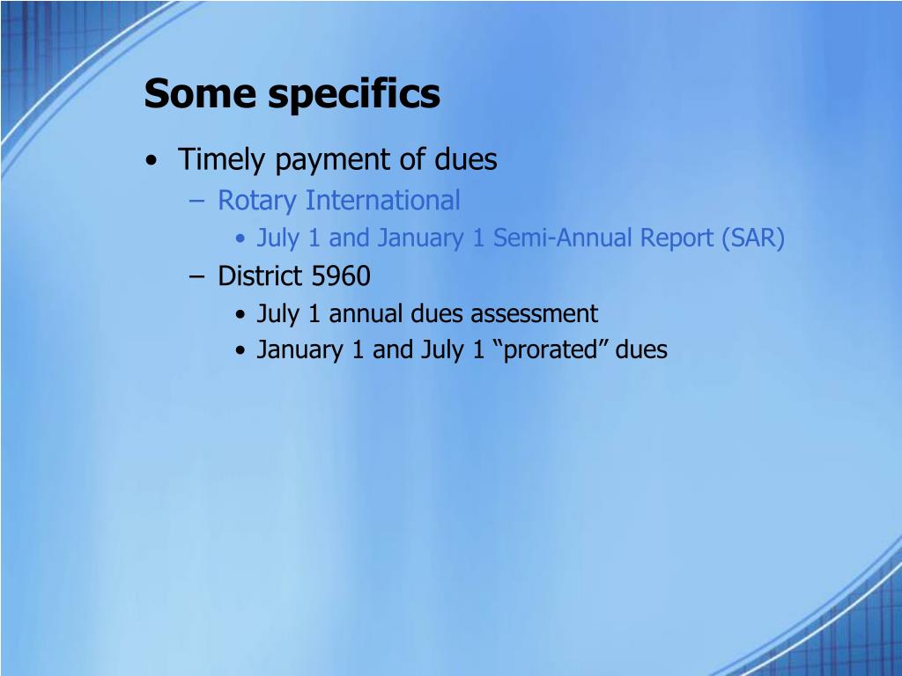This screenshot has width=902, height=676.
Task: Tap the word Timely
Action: pos(223,161)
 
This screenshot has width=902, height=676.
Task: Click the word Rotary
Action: pos(257,202)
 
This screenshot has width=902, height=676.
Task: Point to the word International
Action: pos(383,201)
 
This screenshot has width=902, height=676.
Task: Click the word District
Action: pos(260,276)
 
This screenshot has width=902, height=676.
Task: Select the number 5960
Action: pos(341,276)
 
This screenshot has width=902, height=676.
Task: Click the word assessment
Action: pos(534,313)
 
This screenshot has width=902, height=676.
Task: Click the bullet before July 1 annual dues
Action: pos(241,315)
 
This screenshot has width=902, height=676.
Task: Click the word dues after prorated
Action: pos(641,349)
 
